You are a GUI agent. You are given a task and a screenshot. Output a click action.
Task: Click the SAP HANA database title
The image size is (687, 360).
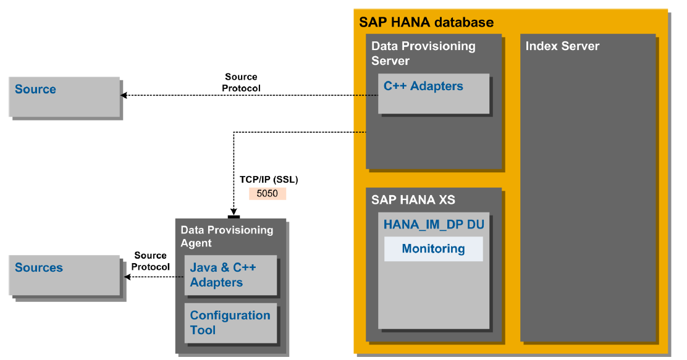tap(426, 23)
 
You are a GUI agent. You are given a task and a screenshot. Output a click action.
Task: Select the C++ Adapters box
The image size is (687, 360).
tap(433, 93)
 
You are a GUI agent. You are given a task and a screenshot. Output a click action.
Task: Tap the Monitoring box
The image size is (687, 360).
tap(433, 249)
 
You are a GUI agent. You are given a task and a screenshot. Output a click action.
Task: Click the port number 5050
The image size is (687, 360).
tap(268, 193)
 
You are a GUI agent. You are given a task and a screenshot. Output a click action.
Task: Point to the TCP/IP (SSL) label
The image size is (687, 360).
tap(269, 180)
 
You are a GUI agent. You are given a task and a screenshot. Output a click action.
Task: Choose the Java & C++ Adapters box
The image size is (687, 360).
tap(230, 275)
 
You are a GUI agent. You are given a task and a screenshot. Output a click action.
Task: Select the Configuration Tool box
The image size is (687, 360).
tap(230, 322)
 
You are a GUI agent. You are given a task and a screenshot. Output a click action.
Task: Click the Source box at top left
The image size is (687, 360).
tap(64, 96)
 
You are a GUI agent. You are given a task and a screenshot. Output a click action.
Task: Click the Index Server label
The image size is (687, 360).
tap(562, 46)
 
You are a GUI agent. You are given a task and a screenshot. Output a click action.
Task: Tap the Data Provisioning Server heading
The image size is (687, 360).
tap(423, 53)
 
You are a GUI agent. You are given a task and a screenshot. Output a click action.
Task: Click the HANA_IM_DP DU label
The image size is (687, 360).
tap(434, 225)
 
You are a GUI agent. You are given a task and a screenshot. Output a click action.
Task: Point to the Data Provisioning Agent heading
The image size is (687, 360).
tap(226, 236)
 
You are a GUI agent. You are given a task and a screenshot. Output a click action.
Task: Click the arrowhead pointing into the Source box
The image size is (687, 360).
tap(124, 95)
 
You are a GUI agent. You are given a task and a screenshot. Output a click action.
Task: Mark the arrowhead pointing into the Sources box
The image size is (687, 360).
tap(128, 277)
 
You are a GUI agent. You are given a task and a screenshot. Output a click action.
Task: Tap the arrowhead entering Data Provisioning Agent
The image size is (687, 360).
tap(234, 211)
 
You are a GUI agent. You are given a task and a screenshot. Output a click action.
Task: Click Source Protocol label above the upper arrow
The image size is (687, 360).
tap(241, 83)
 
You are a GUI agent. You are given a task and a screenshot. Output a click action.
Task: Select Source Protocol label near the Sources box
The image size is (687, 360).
tap(151, 261)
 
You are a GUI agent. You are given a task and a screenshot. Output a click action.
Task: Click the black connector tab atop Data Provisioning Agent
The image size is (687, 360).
tap(234, 217)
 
